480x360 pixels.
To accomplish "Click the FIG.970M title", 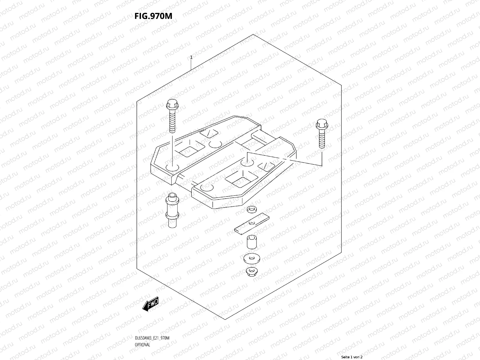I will (153, 16).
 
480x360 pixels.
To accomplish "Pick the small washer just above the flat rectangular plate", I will (250, 209).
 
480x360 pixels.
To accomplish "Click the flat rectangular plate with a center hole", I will (252, 223).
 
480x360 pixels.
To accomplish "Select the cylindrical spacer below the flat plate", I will (251, 242).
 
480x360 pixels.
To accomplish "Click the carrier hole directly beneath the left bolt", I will (172, 168).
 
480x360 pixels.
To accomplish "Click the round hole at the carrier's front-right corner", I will (207, 188).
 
